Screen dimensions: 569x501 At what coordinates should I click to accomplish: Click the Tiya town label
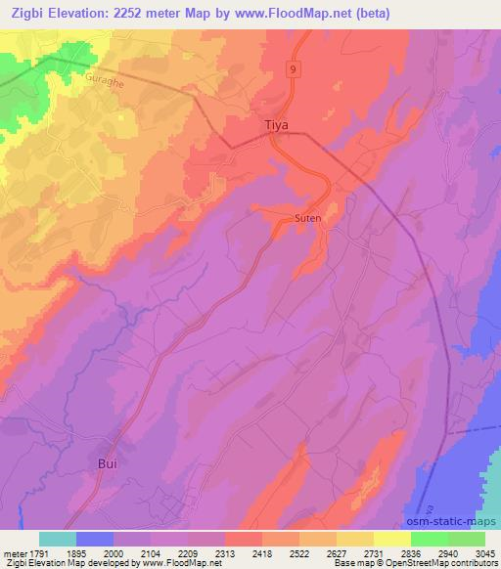[x=279, y=126]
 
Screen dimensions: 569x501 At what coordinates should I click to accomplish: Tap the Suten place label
[x=308, y=219]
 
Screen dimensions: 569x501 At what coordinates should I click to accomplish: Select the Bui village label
[x=109, y=463]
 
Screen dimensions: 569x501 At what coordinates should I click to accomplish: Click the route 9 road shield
[x=292, y=69]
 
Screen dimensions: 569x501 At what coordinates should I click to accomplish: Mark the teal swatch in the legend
[x=58, y=538]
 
